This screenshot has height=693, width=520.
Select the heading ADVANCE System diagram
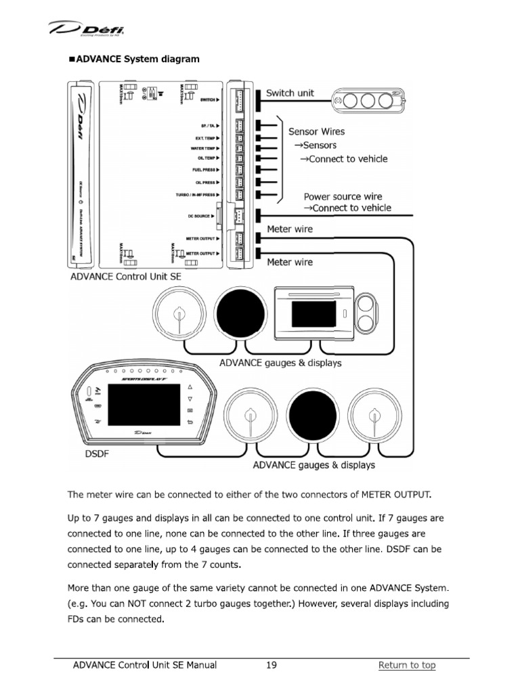[134, 59]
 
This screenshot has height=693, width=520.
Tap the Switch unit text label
[290, 93]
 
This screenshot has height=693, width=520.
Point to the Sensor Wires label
[316, 131]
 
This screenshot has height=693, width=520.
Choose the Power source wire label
[343, 196]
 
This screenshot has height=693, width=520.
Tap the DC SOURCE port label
[202, 217]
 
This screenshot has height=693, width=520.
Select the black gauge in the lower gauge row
[311, 414]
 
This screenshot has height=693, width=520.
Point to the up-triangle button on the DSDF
[190, 386]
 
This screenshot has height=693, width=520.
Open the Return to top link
[406, 665]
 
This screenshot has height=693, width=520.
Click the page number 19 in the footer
[271, 665]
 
